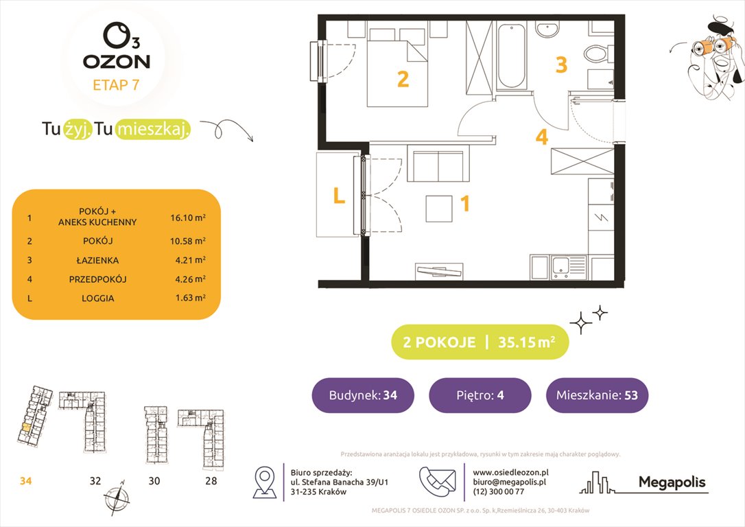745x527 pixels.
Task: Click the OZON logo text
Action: [x=117, y=61]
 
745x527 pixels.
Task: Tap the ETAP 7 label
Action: [x=117, y=86]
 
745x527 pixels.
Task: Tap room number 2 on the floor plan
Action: [x=403, y=80]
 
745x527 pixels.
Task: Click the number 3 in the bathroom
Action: [x=561, y=65]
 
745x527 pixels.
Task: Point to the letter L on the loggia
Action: [x=338, y=197]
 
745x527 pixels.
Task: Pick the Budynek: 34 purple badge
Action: [x=363, y=395]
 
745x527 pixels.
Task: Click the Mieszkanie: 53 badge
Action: [x=597, y=395]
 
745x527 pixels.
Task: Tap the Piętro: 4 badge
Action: [x=480, y=395]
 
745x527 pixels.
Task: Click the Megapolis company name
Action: [x=672, y=482]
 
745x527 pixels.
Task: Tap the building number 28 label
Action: [x=211, y=481]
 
